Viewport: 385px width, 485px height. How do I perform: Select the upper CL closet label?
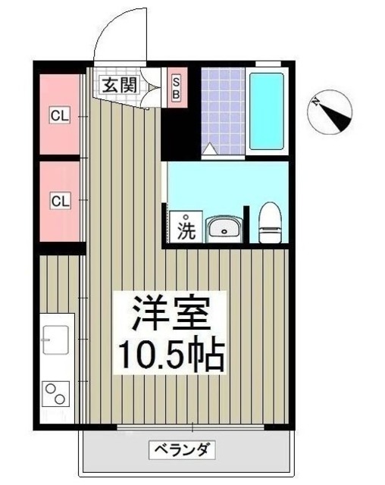point(60,116)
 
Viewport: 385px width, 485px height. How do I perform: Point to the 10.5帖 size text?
point(169,354)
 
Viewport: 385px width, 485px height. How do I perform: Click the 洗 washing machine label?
point(186,228)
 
